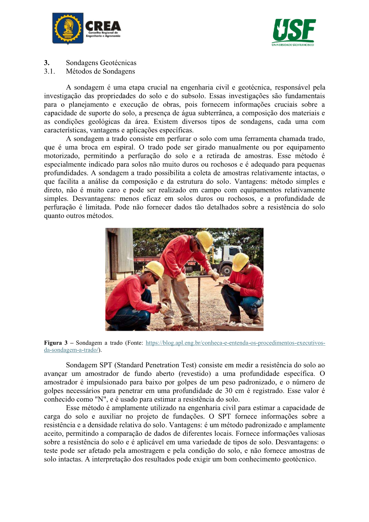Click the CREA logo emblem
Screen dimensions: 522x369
click(68, 29)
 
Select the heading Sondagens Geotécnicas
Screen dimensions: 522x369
click(101, 63)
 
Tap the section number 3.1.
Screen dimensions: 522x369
click(49, 71)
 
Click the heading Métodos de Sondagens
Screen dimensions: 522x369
click(100, 71)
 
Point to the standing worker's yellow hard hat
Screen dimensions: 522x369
click(205, 240)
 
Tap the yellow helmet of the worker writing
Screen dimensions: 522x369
click(240, 261)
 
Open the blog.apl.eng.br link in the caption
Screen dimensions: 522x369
click(235, 343)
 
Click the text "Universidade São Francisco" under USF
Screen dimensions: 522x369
click(293, 45)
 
